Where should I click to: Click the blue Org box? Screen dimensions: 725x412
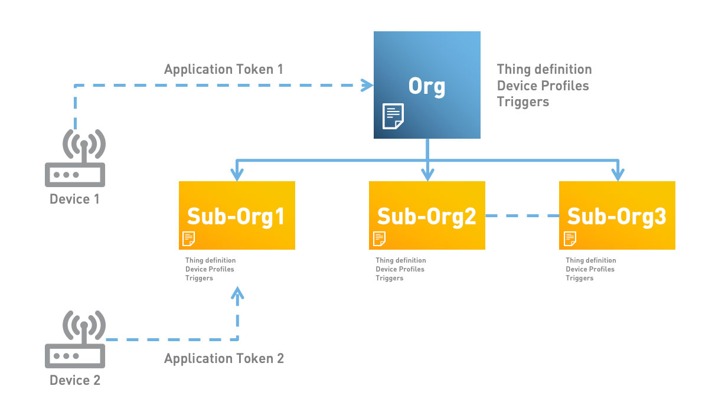[427, 85]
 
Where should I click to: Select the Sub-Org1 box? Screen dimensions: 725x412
[237, 215]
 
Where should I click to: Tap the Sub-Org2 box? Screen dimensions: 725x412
[427, 215]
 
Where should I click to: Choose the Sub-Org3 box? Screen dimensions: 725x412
[617, 215]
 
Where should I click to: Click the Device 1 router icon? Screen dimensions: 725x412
[75, 158]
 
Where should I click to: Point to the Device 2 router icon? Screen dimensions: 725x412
[75, 339]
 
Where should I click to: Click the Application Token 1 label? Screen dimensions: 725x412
[224, 70]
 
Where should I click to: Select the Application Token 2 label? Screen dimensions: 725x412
[224, 359]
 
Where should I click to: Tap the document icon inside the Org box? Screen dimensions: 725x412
[393, 116]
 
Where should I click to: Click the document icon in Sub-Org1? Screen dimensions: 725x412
[189, 239]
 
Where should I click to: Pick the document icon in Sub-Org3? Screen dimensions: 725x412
[570, 239]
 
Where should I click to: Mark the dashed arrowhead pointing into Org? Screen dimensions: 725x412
[367, 86]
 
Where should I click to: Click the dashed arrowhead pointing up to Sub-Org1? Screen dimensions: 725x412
[237, 293]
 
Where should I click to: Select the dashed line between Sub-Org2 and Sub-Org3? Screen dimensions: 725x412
[522, 215]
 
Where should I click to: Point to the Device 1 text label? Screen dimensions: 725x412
[74, 199]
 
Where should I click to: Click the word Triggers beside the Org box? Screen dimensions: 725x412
[523, 102]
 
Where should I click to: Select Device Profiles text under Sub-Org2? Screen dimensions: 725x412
[400, 269]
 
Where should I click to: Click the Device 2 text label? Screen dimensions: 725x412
[75, 380]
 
